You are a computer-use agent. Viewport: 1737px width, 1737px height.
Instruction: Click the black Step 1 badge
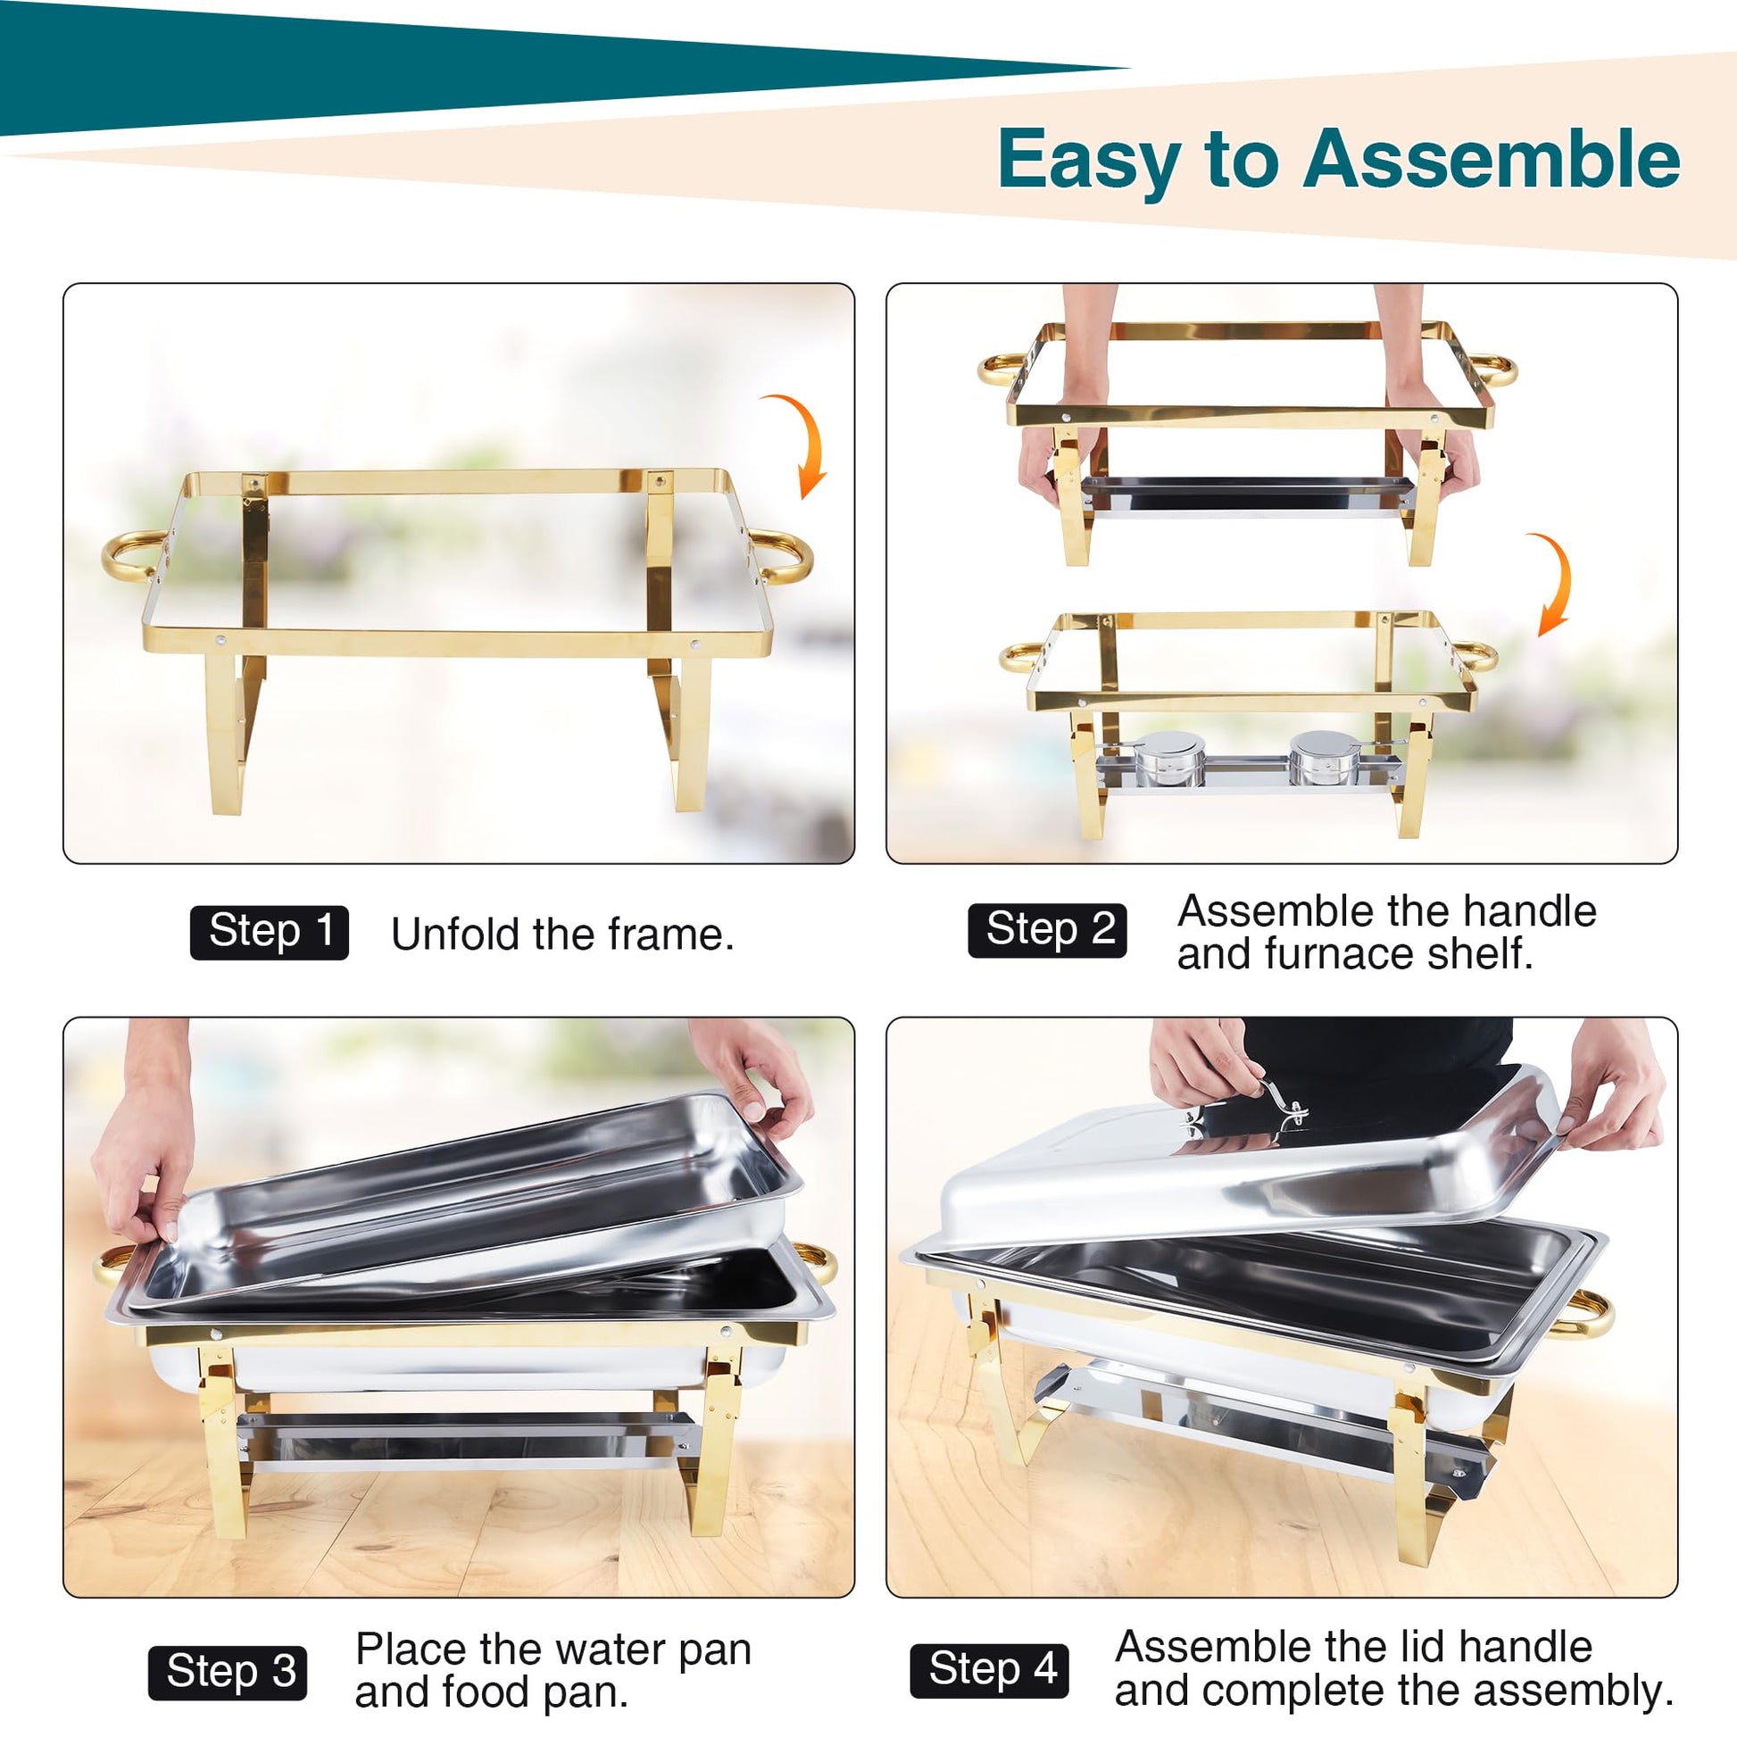click(x=269, y=933)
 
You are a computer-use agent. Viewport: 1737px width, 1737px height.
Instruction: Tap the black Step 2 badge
click(x=1046, y=930)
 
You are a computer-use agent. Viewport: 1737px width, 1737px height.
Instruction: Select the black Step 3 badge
click(x=228, y=1673)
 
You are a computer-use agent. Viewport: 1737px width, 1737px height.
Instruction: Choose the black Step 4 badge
click(x=989, y=1671)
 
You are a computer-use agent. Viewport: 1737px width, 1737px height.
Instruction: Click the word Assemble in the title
click(x=1492, y=159)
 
